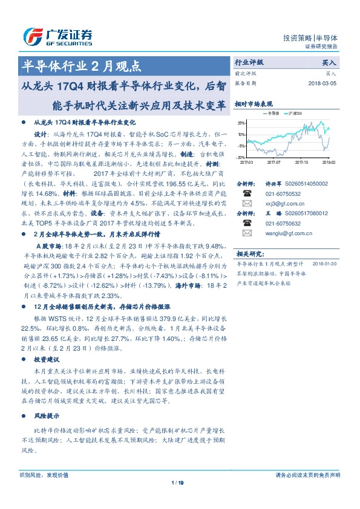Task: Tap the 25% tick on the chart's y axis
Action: (x=241, y=123)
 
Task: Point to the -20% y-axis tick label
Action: (x=241, y=157)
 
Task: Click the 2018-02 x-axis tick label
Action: (x=328, y=162)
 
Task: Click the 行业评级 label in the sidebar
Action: (x=249, y=62)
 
